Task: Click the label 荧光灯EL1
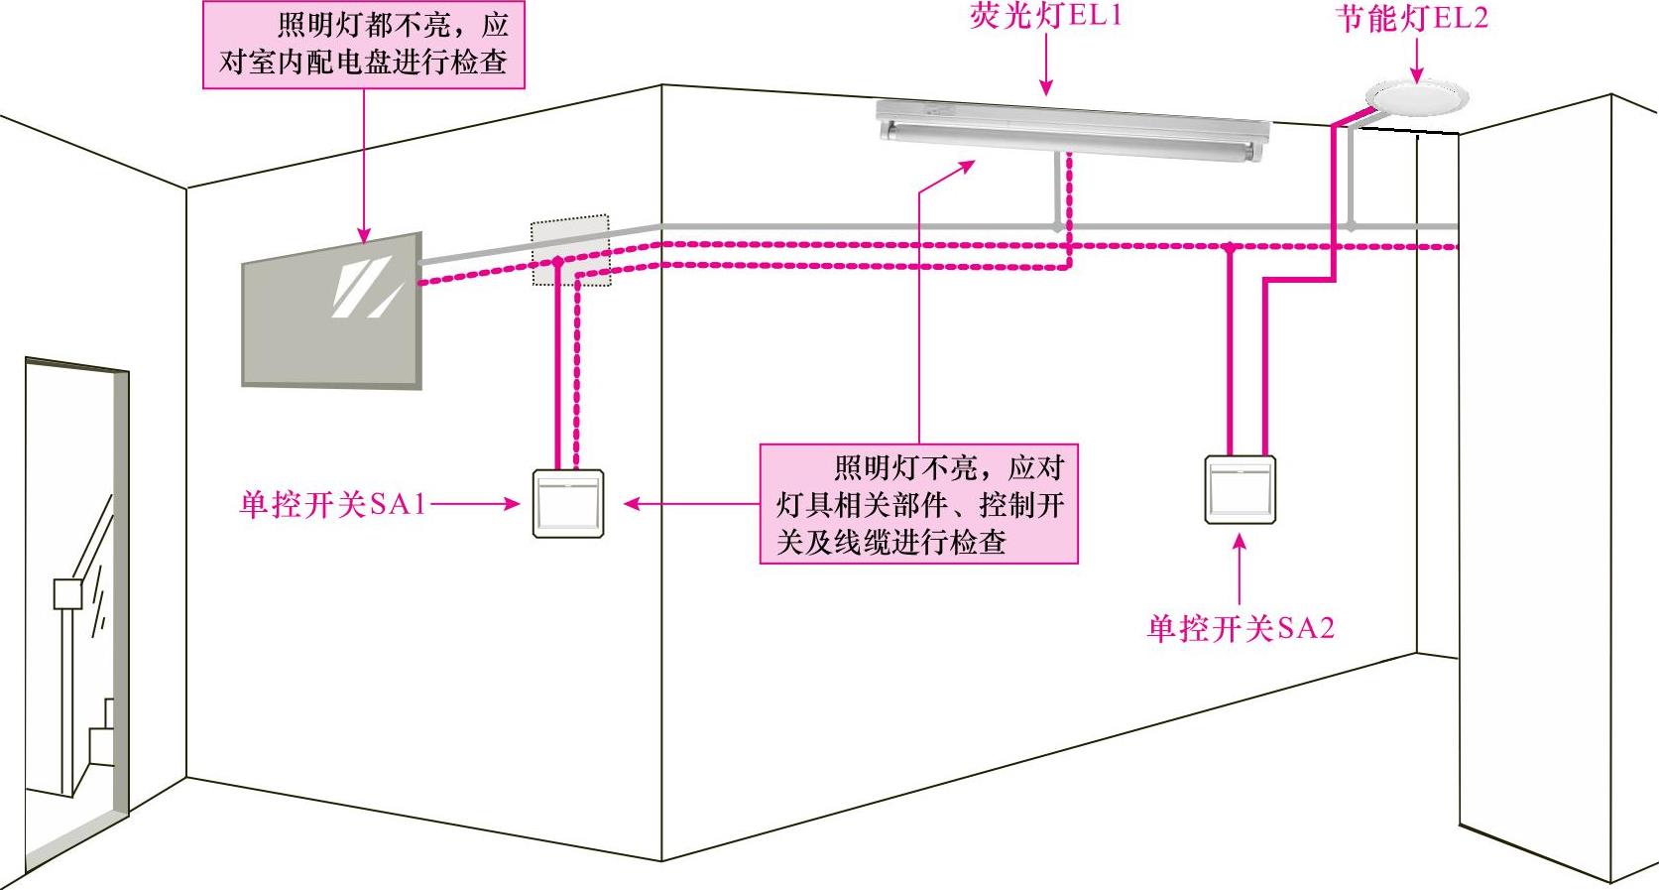point(1045,17)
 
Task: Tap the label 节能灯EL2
point(1412,19)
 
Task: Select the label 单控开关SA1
point(332,504)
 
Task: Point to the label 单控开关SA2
point(1240,628)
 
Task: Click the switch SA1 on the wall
point(568,503)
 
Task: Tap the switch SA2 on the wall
point(1240,489)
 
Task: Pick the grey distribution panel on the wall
point(332,310)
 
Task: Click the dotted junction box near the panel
point(570,250)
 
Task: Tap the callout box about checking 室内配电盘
point(363,44)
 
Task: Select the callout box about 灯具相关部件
point(918,504)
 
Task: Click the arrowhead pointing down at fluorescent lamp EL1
point(1046,88)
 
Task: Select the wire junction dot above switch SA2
point(1230,248)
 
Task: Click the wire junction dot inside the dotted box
point(557,262)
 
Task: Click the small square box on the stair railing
point(65,594)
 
